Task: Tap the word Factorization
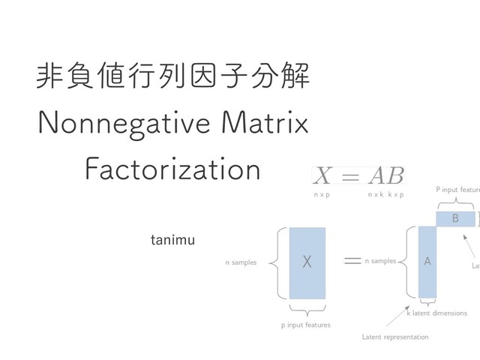coord(172,169)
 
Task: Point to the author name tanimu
coord(172,240)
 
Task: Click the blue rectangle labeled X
coord(307,262)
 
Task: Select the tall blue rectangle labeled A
coord(427,262)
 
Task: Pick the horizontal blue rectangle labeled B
coord(455,218)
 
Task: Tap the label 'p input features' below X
coord(305,325)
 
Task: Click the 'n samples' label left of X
coord(241,262)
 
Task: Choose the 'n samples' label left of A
coord(380,261)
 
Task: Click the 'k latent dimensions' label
coord(436,313)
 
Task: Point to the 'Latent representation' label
coord(395,337)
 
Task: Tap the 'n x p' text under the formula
coord(322,194)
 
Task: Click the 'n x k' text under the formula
coord(376,194)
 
